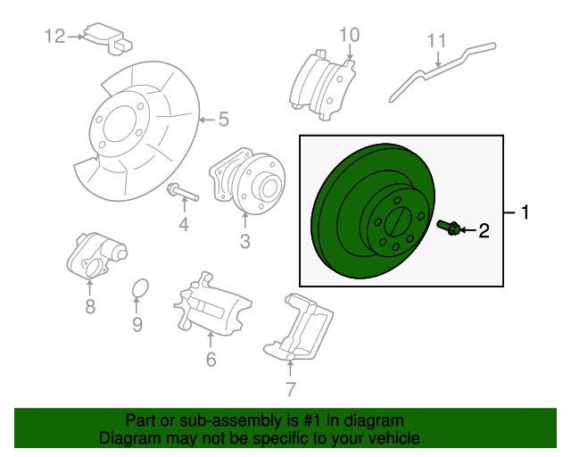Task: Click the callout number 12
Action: click(x=55, y=36)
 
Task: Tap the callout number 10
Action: click(x=349, y=35)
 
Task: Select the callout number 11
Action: click(x=436, y=40)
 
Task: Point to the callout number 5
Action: click(x=223, y=118)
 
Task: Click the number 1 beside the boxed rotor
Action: click(x=525, y=212)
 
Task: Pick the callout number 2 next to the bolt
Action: click(x=484, y=231)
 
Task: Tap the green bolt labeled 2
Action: click(x=450, y=228)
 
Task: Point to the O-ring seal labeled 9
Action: click(x=138, y=290)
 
